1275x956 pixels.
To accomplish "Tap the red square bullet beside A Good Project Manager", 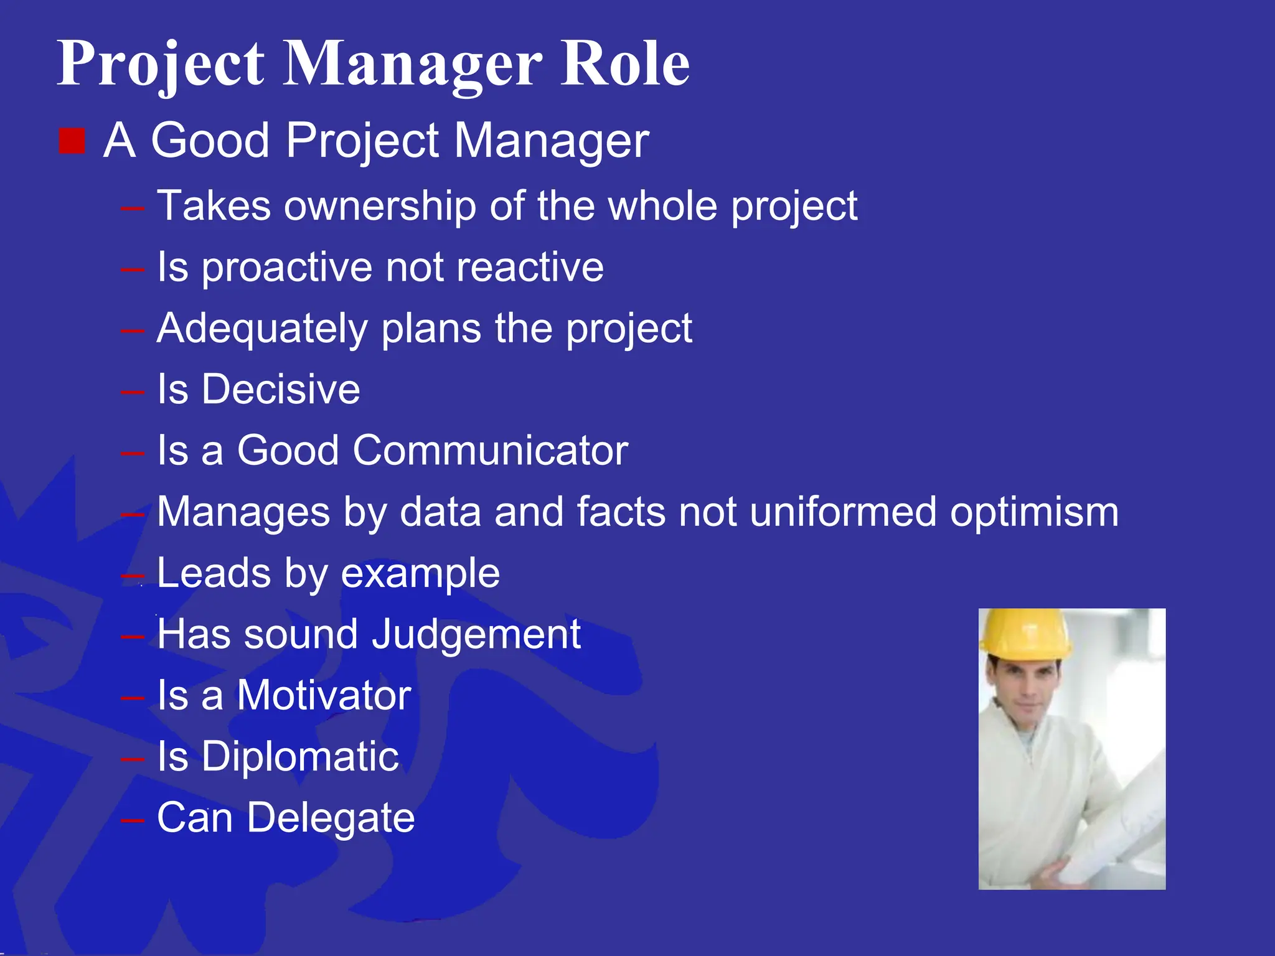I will point(72,141).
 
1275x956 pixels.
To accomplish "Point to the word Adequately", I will point(262,329).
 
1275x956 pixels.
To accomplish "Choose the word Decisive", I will point(281,390).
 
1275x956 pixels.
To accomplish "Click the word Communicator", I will point(490,450).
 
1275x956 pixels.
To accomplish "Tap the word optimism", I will point(1034,513).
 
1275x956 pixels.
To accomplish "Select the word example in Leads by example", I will point(420,573).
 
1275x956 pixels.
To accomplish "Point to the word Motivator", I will point(324,695).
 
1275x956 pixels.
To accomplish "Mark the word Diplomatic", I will point(300,757).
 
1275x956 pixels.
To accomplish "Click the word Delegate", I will point(331,818).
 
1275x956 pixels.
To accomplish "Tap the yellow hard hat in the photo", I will point(1024,633).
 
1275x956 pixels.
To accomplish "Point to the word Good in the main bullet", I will point(210,141).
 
